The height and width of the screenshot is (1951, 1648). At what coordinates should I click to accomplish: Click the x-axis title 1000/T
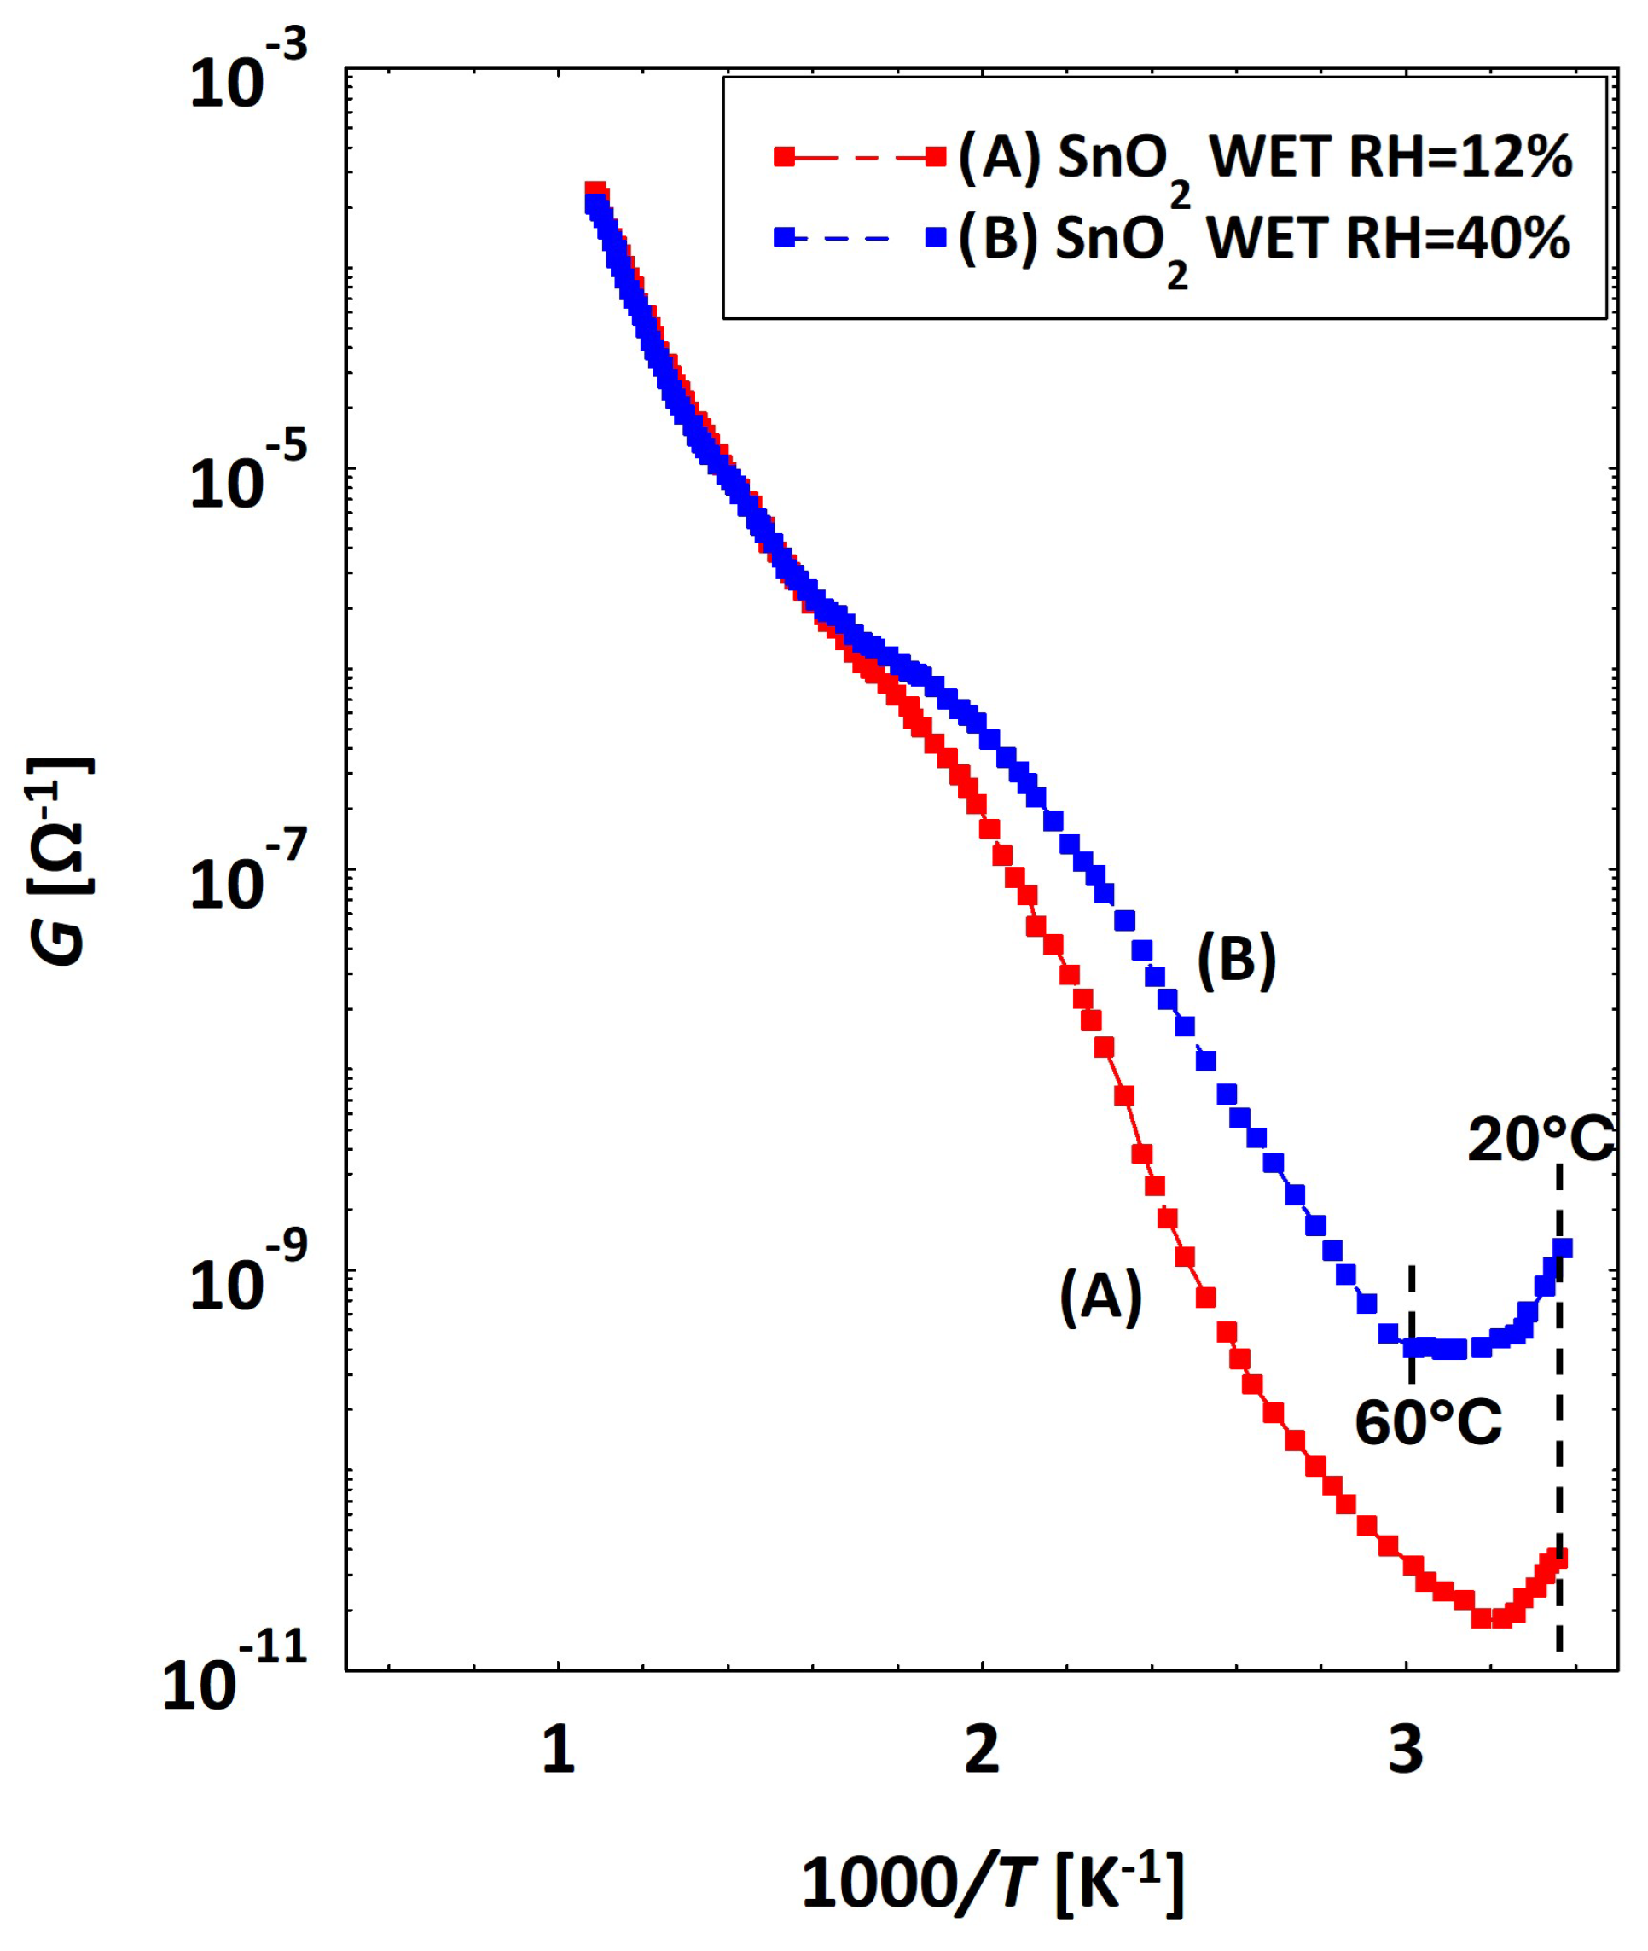[x=993, y=1882]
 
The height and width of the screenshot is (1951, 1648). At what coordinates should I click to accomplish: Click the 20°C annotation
[x=1541, y=1140]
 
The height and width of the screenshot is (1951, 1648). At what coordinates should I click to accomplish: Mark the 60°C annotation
[x=1429, y=1423]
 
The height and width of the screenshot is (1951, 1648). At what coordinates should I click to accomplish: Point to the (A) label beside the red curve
[x=1100, y=1297]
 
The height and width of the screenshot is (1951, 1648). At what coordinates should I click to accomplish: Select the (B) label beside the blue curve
[x=1236, y=959]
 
